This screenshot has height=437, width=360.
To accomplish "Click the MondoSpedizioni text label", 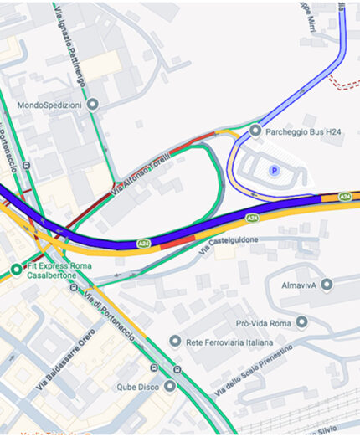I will point(49,105).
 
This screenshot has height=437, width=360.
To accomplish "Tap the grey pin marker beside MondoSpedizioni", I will point(92,105).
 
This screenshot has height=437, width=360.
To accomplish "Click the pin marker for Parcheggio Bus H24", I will point(256,130).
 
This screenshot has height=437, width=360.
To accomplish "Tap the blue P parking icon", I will point(273,171).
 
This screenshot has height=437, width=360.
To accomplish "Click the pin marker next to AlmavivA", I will point(327,285).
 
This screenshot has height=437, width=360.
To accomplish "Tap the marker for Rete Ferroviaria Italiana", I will point(175,341).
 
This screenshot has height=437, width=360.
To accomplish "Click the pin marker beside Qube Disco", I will point(171,387).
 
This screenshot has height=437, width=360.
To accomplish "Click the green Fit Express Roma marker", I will point(16,269).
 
